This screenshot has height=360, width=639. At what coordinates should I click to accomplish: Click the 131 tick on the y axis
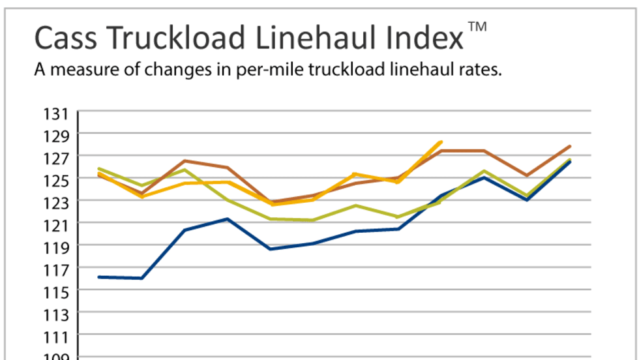(x=56, y=115)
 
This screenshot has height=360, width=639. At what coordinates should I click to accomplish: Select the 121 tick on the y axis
(x=56, y=224)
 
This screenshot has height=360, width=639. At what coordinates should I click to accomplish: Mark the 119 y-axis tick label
(x=56, y=247)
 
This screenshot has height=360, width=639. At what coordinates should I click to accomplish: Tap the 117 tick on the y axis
(x=56, y=269)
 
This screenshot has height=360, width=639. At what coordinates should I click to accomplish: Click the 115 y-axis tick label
(x=56, y=291)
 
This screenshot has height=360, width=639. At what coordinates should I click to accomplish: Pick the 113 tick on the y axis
(x=56, y=314)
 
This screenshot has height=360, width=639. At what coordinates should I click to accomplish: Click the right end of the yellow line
(x=441, y=142)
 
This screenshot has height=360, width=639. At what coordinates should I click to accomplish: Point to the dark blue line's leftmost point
(x=98, y=277)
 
